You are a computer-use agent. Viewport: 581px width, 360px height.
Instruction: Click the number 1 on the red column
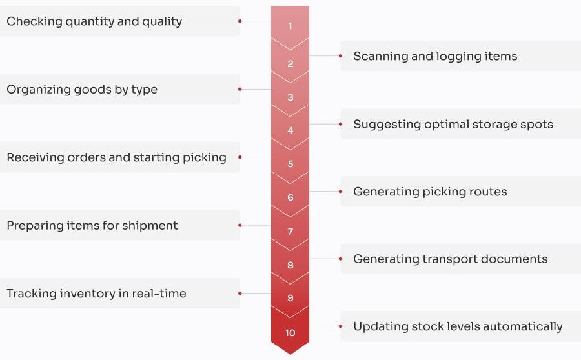290,26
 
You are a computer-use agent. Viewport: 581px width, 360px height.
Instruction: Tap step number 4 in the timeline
290,130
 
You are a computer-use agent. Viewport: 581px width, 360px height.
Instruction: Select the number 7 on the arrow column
290,232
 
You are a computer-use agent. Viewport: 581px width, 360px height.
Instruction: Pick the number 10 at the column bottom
290,333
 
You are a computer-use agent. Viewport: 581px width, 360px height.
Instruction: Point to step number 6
290,197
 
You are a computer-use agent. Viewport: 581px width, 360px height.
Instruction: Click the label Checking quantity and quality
94,22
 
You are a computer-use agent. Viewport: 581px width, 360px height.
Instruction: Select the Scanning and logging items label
435,56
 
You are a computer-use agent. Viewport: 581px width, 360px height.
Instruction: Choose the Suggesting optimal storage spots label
453,125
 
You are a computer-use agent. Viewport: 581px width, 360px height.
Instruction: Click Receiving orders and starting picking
116,158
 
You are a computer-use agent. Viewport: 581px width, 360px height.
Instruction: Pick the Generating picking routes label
430,192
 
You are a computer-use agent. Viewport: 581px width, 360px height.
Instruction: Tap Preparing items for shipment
92,226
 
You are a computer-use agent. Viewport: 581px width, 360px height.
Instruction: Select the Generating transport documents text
451,259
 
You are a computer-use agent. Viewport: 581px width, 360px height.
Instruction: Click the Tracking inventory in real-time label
96,294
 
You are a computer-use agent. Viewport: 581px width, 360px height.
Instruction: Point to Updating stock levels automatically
458,326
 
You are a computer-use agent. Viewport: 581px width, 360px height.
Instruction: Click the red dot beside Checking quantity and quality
240,21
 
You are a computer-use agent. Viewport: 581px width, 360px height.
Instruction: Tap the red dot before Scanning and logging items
340,56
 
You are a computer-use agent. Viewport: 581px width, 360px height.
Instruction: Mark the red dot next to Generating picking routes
340,192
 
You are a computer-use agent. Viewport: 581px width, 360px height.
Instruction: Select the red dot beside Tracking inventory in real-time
240,293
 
